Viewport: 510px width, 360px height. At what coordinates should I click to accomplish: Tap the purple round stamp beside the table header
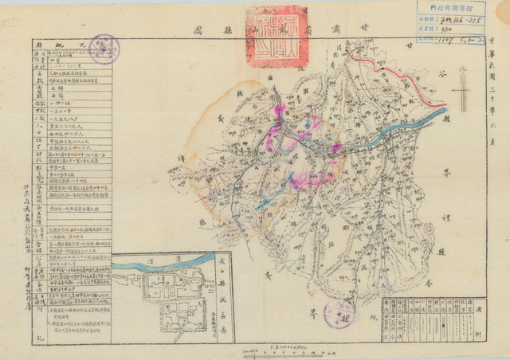point(104,49)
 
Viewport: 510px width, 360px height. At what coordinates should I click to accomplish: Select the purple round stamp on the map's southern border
point(340,313)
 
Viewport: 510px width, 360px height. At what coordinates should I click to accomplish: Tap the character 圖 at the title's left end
point(195,33)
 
